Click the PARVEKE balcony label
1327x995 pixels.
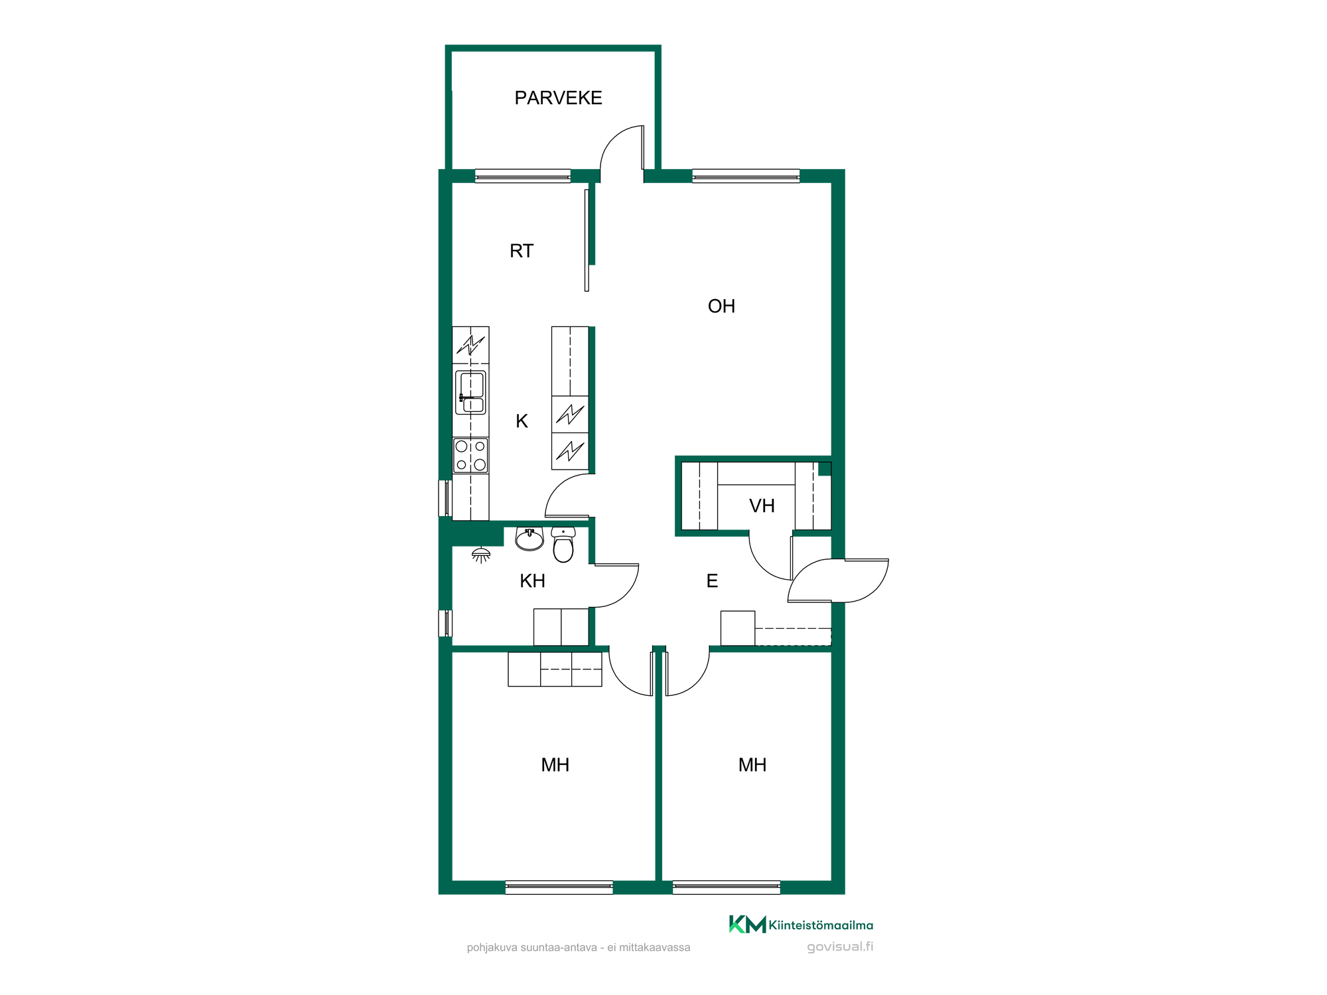click(x=558, y=98)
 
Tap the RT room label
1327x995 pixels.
click(x=522, y=251)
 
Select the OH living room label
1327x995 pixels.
click(x=721, y=306)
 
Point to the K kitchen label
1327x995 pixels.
click(x=522, y=421)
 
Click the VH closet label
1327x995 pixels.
click(x=762, y=506)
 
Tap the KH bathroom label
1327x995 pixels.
click(x=532, y=581)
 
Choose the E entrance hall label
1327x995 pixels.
click(x=712, y=581)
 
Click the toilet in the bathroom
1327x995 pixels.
click(x=563, y=545)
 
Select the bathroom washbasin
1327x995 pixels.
click(x=529, y=539)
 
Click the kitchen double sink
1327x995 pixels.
click(x=470, y=393)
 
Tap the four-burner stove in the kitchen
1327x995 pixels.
click(x=470, y=455)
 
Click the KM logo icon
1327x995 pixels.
click(x=747, y=924)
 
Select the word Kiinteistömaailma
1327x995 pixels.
click(x=821, y=925)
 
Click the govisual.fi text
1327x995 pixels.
click(x=840, y=947)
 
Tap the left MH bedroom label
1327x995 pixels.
click(x=555, y=765)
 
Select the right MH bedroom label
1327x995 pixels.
click(x=752, y=765)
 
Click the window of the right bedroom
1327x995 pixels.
click(x=727, y=888)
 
